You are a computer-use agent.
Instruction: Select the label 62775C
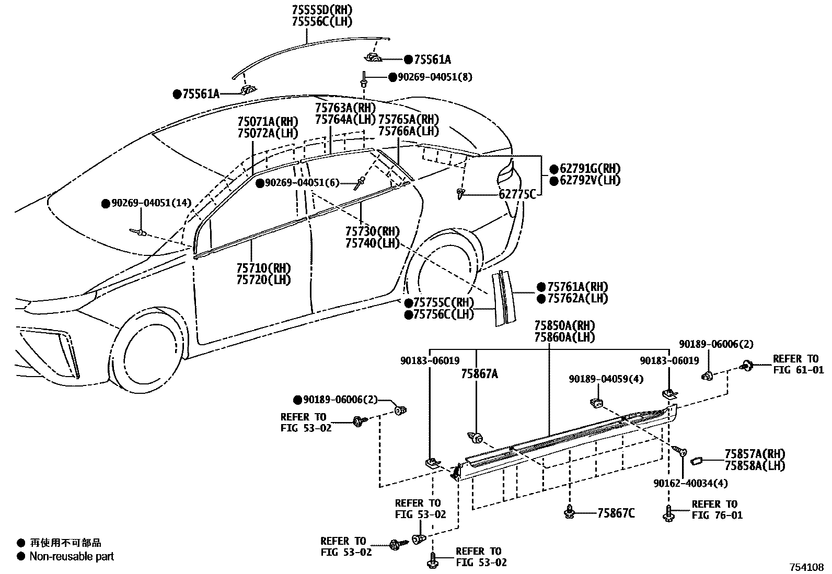click(517, 195)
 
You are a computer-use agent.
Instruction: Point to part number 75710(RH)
click(263, 268)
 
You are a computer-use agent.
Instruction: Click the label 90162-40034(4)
click(690, 483)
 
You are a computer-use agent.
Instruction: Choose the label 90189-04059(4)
click(606, 379)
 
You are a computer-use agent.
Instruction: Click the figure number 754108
click(806, 566)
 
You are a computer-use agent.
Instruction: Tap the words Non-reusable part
click(72, 556)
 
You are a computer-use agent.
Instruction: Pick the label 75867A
click(479, 373)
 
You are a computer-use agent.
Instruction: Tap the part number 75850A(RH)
click(564, 326)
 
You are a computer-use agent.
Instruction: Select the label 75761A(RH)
click(577, 287)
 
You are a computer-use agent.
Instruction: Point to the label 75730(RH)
click(372, 231)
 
